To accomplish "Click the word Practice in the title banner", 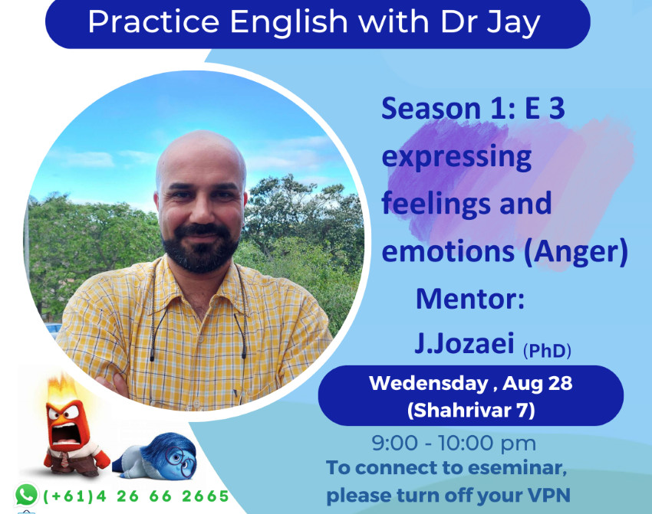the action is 153,21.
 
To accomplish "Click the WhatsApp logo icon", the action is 26,495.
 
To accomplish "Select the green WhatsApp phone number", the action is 136,496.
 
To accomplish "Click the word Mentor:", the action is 470,299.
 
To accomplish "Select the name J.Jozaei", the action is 464,344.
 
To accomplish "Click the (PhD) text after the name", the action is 547,351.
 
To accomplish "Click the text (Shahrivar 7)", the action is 471,410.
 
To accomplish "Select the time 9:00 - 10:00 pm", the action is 453,443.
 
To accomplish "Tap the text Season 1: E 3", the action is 473,108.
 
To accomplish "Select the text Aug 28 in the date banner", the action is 537,384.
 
